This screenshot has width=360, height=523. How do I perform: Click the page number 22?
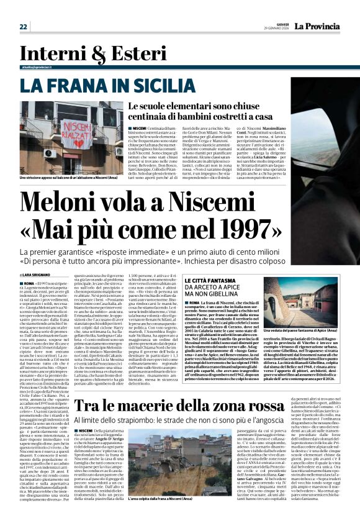pyautogui.click(x=24, y=26)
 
